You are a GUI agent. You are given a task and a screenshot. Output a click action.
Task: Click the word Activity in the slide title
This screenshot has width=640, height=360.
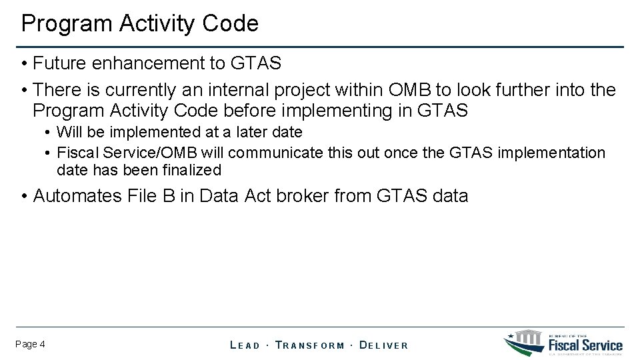(154, 24)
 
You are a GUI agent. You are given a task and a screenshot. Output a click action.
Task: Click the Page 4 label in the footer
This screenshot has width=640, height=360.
(30, 344)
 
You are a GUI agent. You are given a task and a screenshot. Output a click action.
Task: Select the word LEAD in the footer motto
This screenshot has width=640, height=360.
(245, 345)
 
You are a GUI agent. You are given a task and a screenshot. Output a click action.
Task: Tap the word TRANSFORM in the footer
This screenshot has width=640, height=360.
(310, 345)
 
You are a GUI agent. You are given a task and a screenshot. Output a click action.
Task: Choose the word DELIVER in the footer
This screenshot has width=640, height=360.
(383, 345)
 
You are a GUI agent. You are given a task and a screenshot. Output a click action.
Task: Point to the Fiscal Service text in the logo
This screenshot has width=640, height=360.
(585, 345)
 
